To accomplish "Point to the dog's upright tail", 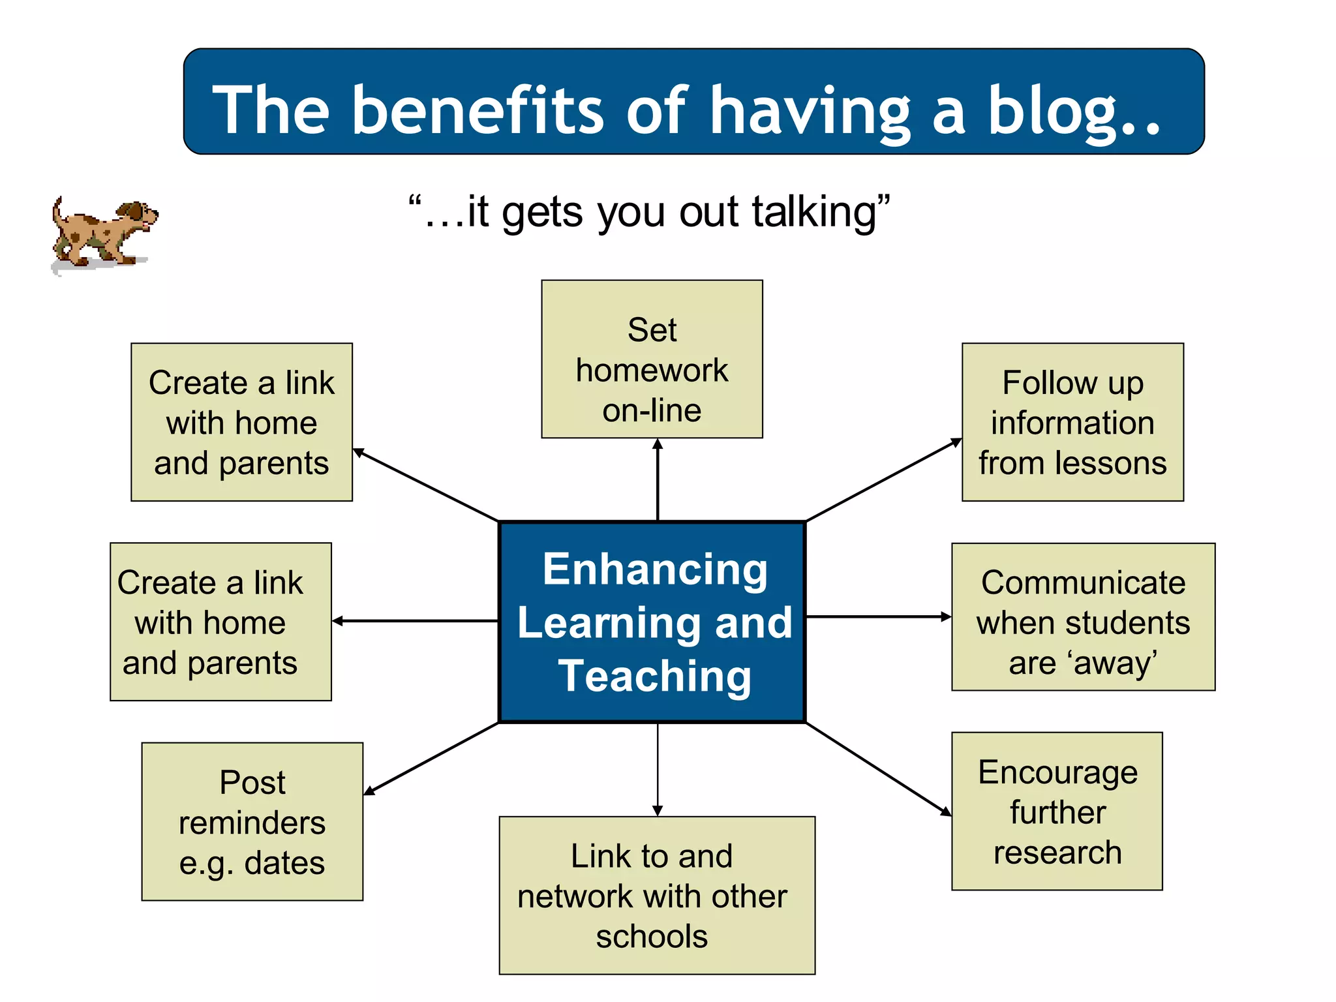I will pos(58,211).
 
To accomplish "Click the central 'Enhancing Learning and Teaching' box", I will pos(652,622).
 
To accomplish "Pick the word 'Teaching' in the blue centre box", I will pos(655,676).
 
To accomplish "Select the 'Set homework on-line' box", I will pos(652,359).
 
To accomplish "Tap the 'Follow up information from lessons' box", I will pos(1072,422).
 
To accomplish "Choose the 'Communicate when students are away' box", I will pos(1083,617).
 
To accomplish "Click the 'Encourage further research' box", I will pos(1057,811).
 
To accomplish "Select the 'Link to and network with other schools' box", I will pos(657,895).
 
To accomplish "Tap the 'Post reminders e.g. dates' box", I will pos(252,821).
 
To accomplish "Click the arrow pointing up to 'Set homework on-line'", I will pos(658,479).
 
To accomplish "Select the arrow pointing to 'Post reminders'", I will pos(431,759).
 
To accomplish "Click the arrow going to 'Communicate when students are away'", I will pos(879,616).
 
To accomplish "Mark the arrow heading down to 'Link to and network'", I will pos(658,770).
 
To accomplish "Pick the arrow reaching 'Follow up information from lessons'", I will pos(884,480).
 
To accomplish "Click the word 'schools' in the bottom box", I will pos(652,937).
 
